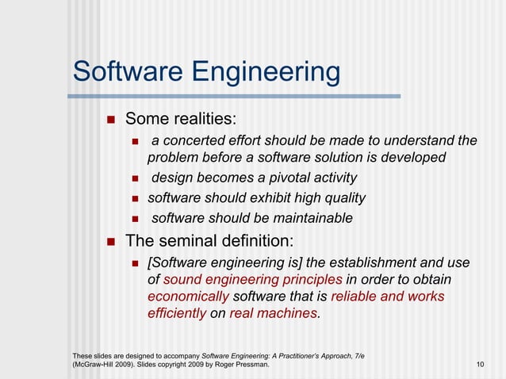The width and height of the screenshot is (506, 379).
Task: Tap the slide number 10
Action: click(x=480, y=364)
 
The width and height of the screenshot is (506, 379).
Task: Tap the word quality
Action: click(x=341, y=197)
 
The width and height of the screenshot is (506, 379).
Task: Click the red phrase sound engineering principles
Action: click(x=252, y=279)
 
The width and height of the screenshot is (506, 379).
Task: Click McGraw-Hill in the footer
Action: click(x=96, y=364)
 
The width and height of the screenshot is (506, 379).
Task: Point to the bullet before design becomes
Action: click(x=135, y=178)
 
